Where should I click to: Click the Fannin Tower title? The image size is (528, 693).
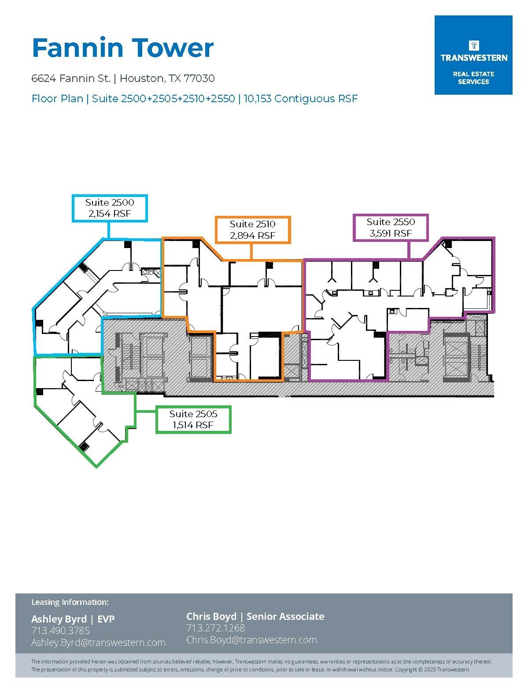[122, 48]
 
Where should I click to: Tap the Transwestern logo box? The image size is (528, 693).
[473, 55]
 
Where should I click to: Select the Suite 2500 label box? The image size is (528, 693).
[110, 208]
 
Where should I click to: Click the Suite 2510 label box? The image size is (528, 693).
[252, 230]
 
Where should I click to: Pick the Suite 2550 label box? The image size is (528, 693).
[391, 227]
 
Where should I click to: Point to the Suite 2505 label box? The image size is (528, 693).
[193, 419]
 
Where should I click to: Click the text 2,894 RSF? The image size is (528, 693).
[252, 236]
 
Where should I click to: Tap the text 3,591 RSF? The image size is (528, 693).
[391, 233]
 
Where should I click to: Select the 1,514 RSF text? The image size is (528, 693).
[193, 425]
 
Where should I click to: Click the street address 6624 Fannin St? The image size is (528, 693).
[70, 78]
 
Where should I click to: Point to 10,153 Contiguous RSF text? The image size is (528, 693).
[300, 99]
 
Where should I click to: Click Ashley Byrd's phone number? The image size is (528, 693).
[60, 630]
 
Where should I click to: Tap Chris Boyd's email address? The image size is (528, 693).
[251, 640]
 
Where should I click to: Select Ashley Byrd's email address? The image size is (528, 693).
[98, 643]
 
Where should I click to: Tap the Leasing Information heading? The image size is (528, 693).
[70, 602]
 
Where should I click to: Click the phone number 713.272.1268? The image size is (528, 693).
[215, 628]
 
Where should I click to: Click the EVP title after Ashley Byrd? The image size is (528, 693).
[106, 619]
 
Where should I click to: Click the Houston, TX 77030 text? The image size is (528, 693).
[167, 78]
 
